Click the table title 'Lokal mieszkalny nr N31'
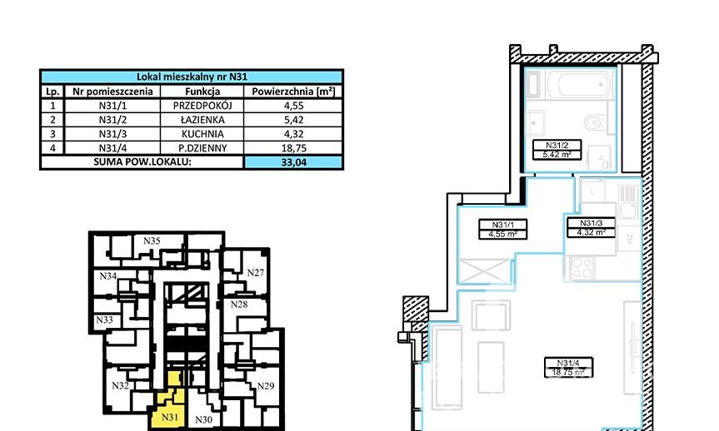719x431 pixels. tap(192, 77)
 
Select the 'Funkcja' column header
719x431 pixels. tap(202, 92)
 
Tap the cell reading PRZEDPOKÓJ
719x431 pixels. tap(202, 106)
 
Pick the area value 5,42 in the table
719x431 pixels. tap(293, 120)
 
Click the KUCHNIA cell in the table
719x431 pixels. tap(202, 134)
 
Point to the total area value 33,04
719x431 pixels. tap(293, 162)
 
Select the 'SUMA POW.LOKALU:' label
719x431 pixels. tap(142, 161)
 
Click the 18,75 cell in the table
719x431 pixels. tap(293, 148)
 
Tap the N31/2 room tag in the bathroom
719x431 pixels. tap(557, 150)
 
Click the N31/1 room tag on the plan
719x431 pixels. tap(503, 229)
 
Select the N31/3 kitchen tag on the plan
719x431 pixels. tap(591, 227)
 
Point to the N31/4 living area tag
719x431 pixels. tap(568, 367)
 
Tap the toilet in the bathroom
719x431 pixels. tap(594, 123)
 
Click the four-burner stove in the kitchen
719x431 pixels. tap(582, 268)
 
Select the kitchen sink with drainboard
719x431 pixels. tap(628, 202)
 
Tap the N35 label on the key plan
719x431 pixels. tap(152, 241)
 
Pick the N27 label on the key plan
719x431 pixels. tap(256, 273)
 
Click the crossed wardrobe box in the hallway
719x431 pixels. tap(485, 271)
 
